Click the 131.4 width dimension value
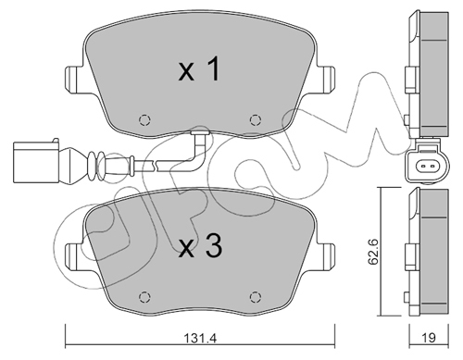coord(201,339)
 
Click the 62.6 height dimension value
coord(372,251)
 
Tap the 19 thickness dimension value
coord(429,338)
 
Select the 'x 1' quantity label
coord(199,69)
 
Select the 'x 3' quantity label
coord(201,246)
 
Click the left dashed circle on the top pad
coord(144,119)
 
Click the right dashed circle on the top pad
coord(256,119)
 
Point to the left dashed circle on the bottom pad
coord(144,297)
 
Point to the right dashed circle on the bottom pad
coord(256,297)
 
